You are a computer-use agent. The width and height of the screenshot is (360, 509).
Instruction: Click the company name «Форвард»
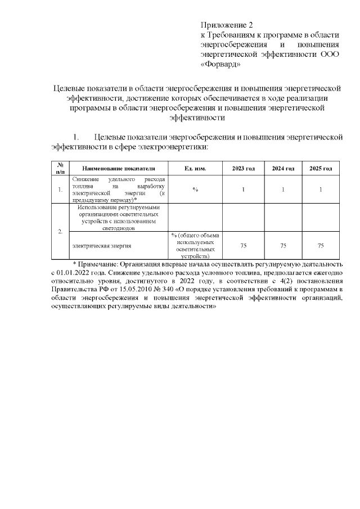(221, 64)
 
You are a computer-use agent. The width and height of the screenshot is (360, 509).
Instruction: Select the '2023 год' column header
(244, 169)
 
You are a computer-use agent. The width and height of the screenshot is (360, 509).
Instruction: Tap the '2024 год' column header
(283, 169)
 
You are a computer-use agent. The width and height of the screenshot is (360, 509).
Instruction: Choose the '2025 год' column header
(321, 169)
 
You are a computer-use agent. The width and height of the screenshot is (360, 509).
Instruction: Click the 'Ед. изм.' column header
(195, 169)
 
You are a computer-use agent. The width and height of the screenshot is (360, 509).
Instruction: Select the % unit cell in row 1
(195, 189)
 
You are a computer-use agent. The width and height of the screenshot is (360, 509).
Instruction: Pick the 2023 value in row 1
(244, 189)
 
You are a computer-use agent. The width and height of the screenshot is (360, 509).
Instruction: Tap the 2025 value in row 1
(321, 189)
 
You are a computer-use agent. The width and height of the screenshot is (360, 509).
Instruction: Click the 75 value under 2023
(244, 245)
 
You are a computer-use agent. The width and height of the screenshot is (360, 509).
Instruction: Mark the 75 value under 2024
(283, 245)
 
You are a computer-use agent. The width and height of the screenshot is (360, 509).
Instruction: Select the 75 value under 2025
(321, 245)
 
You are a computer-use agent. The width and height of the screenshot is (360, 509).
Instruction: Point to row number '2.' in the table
(61, 232)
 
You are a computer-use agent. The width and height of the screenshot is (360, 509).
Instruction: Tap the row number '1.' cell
(61, 189)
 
